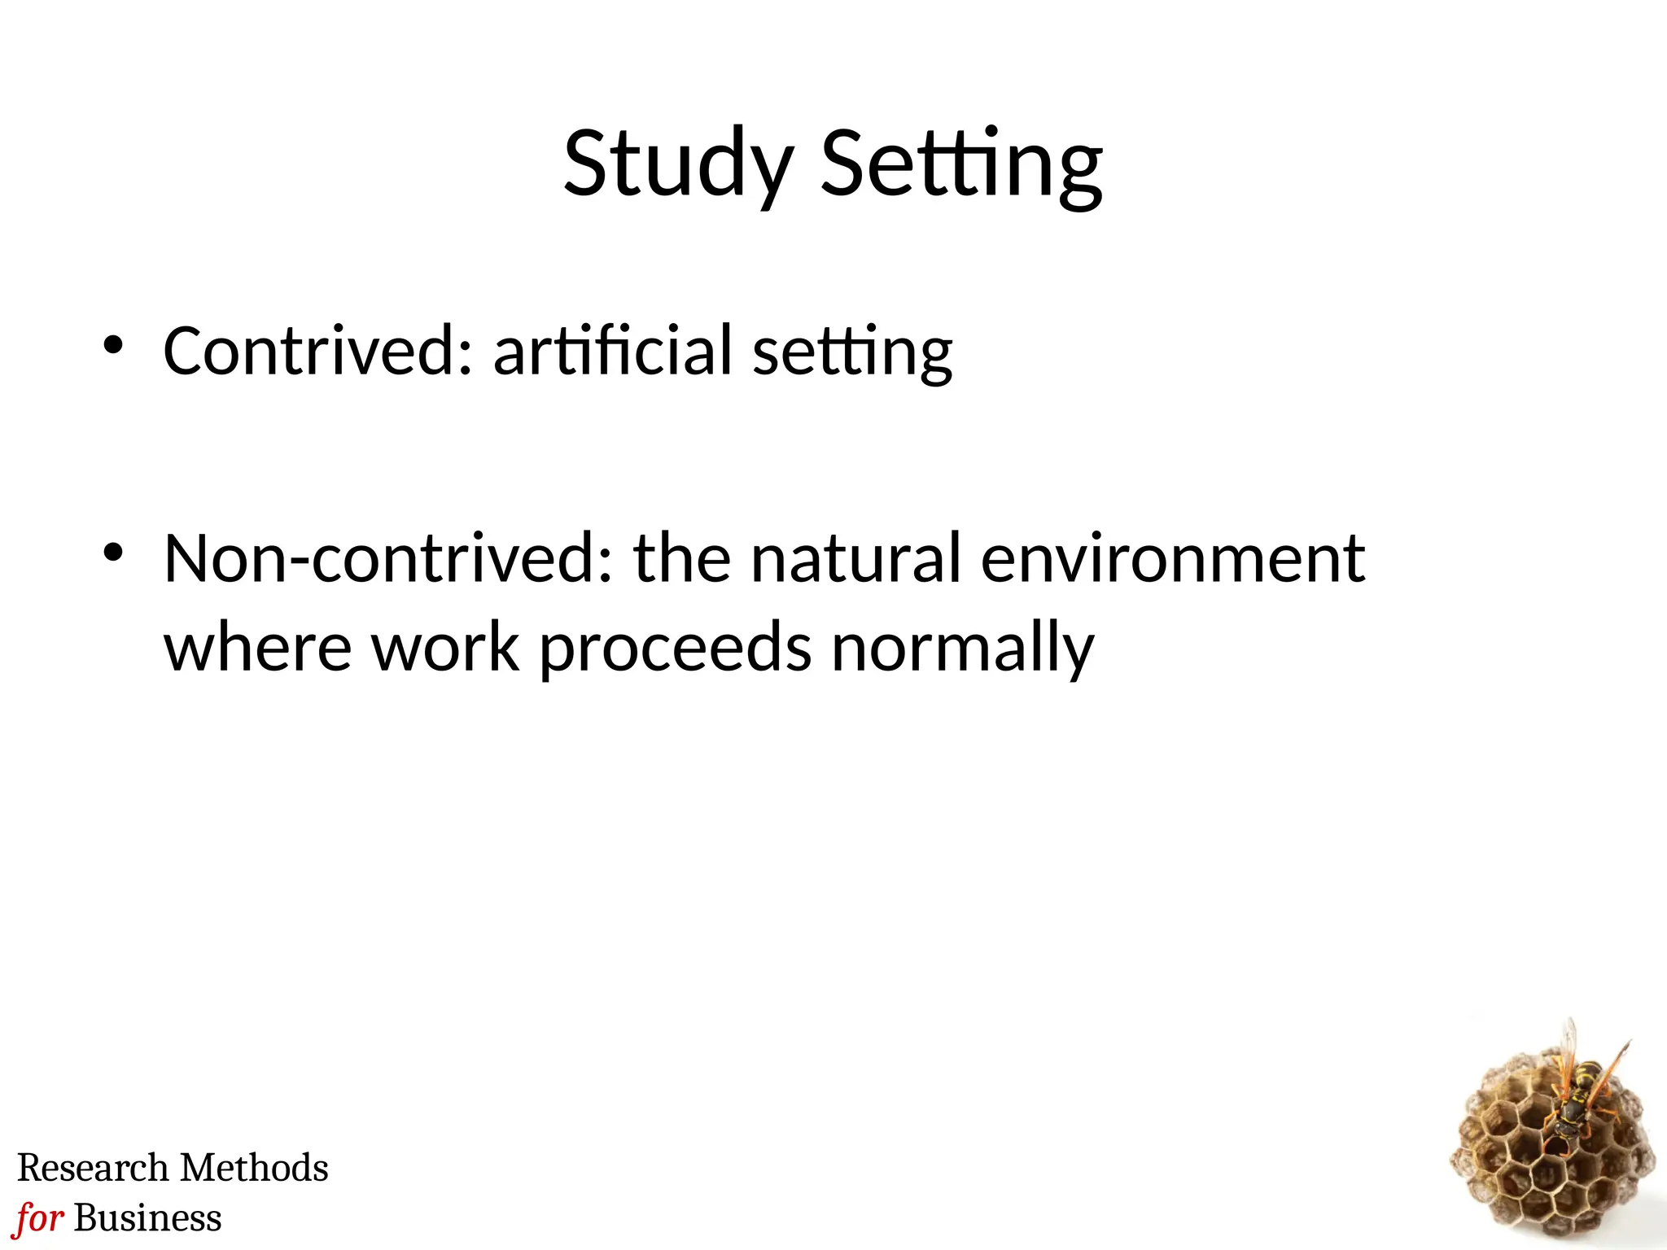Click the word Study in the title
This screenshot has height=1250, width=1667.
tap(678, 165)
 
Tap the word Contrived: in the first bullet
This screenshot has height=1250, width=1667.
tap(318, 351)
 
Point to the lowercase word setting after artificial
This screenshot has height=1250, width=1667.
tap(851, 354)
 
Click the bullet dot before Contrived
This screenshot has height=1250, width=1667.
tap(112, 345)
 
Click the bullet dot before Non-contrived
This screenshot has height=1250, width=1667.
tap(112, 553)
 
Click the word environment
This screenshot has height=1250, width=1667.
tap(1172, 559)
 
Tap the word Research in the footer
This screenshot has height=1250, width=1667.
tap(92, 1168)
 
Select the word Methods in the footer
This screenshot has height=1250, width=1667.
tap(254, 1168)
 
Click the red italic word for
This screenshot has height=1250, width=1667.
tap(39, 1218)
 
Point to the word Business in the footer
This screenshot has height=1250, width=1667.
tap(147, 1218)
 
